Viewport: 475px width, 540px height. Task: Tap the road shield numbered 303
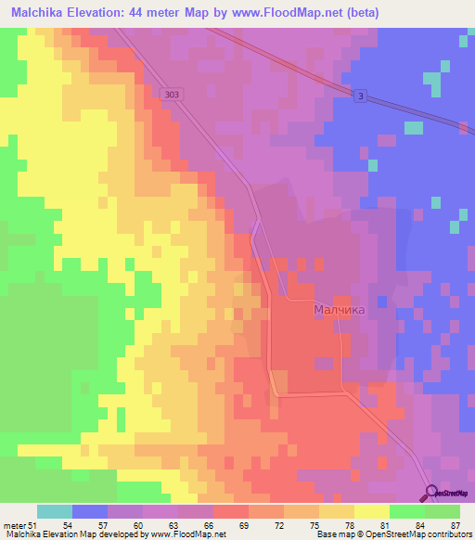[170, 93]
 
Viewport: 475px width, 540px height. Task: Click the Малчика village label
[339, 310]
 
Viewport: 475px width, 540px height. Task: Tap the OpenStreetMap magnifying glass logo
[431, 493]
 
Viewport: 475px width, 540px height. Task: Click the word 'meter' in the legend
[14, 525]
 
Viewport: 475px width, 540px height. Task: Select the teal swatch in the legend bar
[55, 511]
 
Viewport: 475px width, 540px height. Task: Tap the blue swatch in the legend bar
[90, 511]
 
